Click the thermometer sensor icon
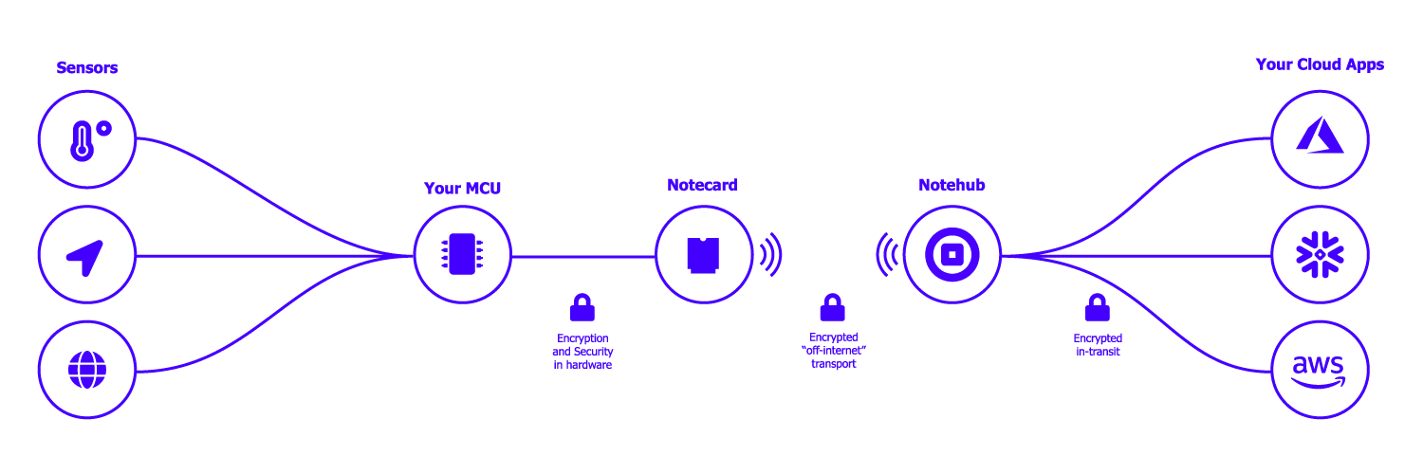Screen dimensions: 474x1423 [87, 140]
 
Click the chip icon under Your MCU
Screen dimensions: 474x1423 [462, 255]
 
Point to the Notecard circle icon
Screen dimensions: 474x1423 [703, 255]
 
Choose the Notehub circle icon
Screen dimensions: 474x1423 [951, 255]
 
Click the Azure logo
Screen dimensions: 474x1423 [1319, 138]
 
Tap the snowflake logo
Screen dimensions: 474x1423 [1319, 255]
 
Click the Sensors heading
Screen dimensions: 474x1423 [86, 68]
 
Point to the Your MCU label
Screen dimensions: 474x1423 [462, 189]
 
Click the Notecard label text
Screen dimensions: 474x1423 [702, 185]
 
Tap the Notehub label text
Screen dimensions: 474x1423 [951, 185]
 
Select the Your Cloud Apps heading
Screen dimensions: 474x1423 [1320, 64]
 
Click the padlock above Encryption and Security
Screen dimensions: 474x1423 [582, 307]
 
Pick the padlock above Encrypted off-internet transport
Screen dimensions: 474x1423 [833, 307]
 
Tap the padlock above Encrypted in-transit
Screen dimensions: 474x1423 [1098, 307]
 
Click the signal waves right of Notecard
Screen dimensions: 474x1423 [770, 255]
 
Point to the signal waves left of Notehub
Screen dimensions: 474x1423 [887, 255]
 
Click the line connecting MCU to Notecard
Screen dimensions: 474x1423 [582, 256]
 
